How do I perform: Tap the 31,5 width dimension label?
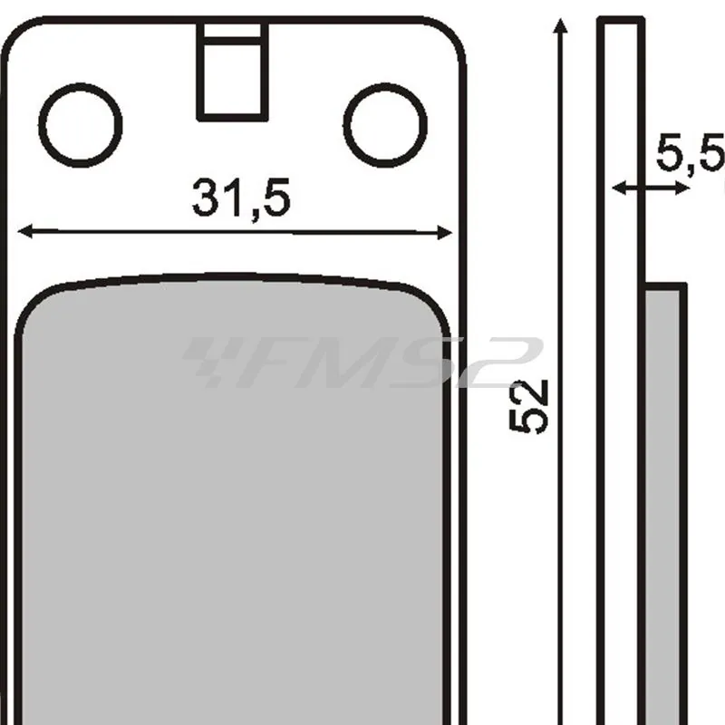coord(241,198)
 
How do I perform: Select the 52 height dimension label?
coord(528,406)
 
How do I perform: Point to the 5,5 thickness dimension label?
coord(690,152)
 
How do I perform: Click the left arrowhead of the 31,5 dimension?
coord(25,231)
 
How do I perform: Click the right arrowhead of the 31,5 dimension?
coord(445,233)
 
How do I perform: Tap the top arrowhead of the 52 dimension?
coord(560,25)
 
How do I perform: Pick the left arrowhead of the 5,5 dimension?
coord(619,188)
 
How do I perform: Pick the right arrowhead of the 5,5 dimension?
coord(683,188)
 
